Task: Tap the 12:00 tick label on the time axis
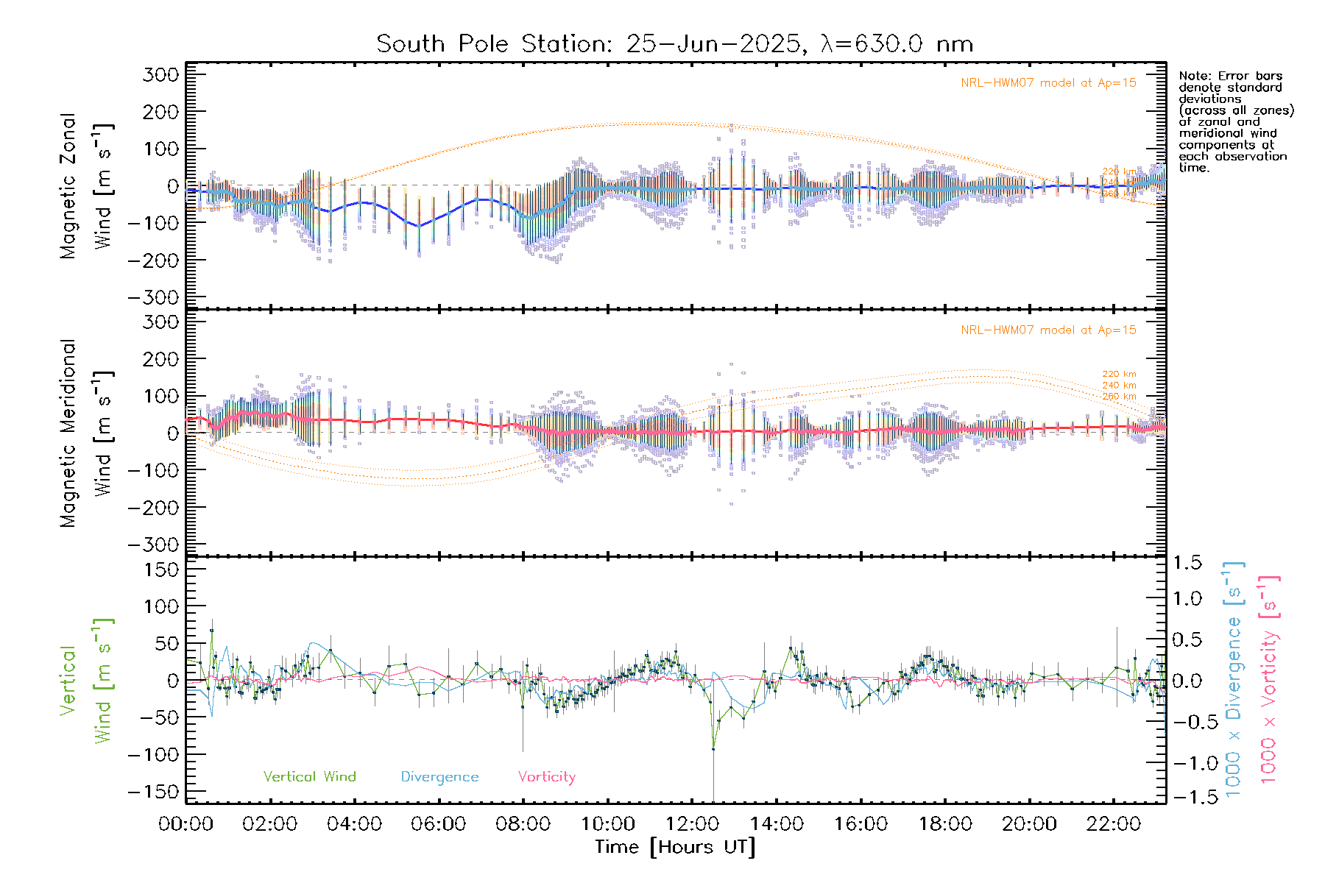pyautogui.click(x=692, y=824)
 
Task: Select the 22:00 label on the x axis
pyautogui.click(x=1114, y=824)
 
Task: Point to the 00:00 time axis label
pyautogui.click(x=186, y=824)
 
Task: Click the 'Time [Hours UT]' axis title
pyautogui.click(x=675, y=848)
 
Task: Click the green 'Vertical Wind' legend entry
pyautogui.click(x=309, y=777)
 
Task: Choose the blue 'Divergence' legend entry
pyautogui.click(x=439, y=777)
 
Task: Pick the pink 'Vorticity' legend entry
pyautogui.click(x=546, y=777)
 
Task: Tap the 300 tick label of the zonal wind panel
pyautogui.click(x=160, y=75)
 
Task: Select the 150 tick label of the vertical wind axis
pyautogui.click(x=160, y=570)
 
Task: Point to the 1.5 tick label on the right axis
pyautogui.click(x=1187, y=563)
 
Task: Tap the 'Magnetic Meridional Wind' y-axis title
pyautogui.click(x=87, y=433)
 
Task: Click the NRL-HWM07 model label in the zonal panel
pyautogui.click(x=1048, y=83)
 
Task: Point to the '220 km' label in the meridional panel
pyautogui.click(x=1119, y=375)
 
